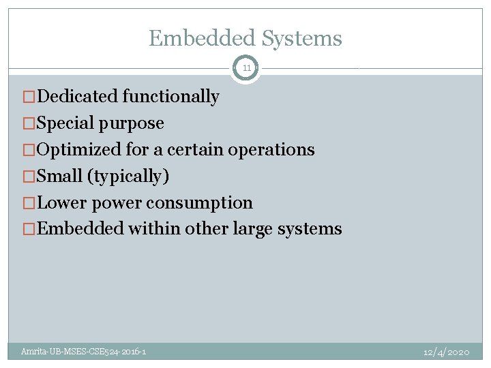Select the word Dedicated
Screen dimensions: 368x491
tap(77, 97)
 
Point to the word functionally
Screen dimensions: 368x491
tap(170, 97)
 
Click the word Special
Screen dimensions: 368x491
tap(65, 123)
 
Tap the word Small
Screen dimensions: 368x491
tap(59, 177)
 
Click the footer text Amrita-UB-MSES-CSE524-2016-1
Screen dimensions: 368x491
tap(83, 352)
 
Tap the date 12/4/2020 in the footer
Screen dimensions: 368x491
tap(446, 352)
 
